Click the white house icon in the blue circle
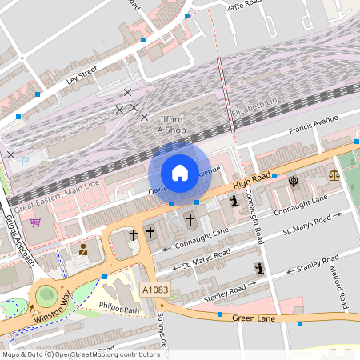pos(180,172)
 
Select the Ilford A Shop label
pos(171,123)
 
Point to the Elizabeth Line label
pos(256,102)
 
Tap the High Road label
pos(253,183)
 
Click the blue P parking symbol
pos(25,161)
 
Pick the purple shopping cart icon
pos(36,222)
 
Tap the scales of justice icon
pos(334,174)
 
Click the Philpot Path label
pos(118,306)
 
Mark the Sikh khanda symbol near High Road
pos(294,181)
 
